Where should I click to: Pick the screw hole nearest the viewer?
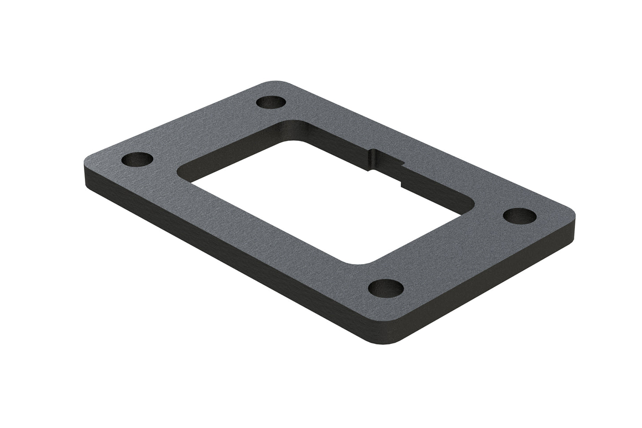386,289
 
